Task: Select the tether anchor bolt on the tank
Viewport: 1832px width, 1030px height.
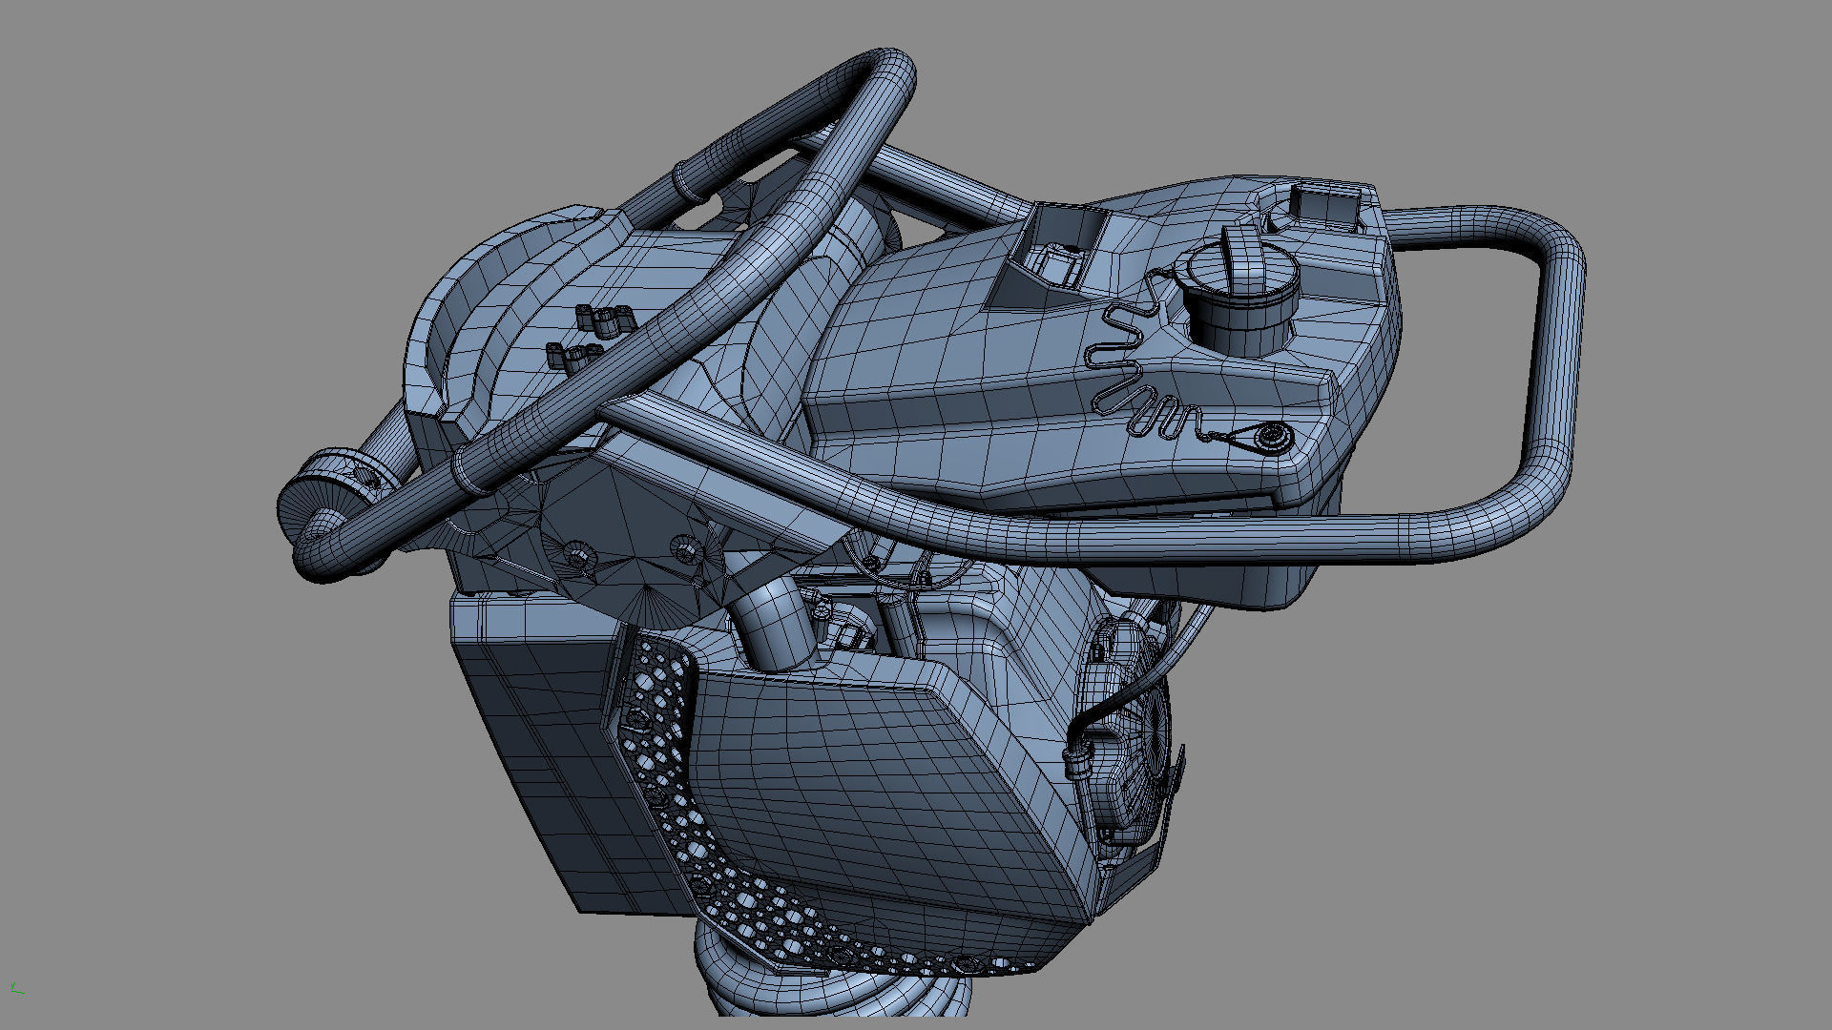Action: [x=1271, y=437]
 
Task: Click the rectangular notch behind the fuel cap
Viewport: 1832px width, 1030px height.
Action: [x=1323, y=206]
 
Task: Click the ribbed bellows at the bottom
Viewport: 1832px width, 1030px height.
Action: [x=830, y=992]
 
